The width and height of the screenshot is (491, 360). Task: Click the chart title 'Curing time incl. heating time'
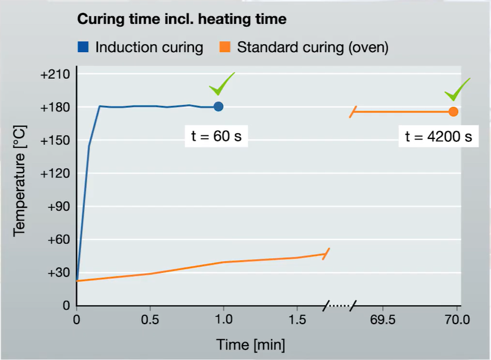coord(182,19)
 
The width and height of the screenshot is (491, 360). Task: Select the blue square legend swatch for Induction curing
coord(83,47)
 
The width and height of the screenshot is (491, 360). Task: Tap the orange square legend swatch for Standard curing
coord(226,47)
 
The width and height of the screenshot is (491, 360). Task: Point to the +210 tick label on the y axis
coord(54,75)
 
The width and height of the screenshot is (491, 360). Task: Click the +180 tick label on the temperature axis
coord(54,108)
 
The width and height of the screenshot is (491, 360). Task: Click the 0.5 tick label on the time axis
coord(150,320)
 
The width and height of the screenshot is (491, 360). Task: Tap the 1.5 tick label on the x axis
coord(296,320)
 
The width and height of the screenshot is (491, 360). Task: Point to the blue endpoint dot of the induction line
coord(218,106)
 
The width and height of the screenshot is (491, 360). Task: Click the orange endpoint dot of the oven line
coord(453,112)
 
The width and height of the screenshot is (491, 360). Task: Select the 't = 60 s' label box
coord(217,137)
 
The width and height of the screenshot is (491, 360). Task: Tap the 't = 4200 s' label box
coord(439,137)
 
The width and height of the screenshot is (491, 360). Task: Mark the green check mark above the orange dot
coord(457,89)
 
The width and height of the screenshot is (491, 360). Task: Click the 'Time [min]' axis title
coord(251,345)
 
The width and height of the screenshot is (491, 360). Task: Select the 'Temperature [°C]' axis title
coord(21,190)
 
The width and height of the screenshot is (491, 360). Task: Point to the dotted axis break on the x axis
coord(340,305)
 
